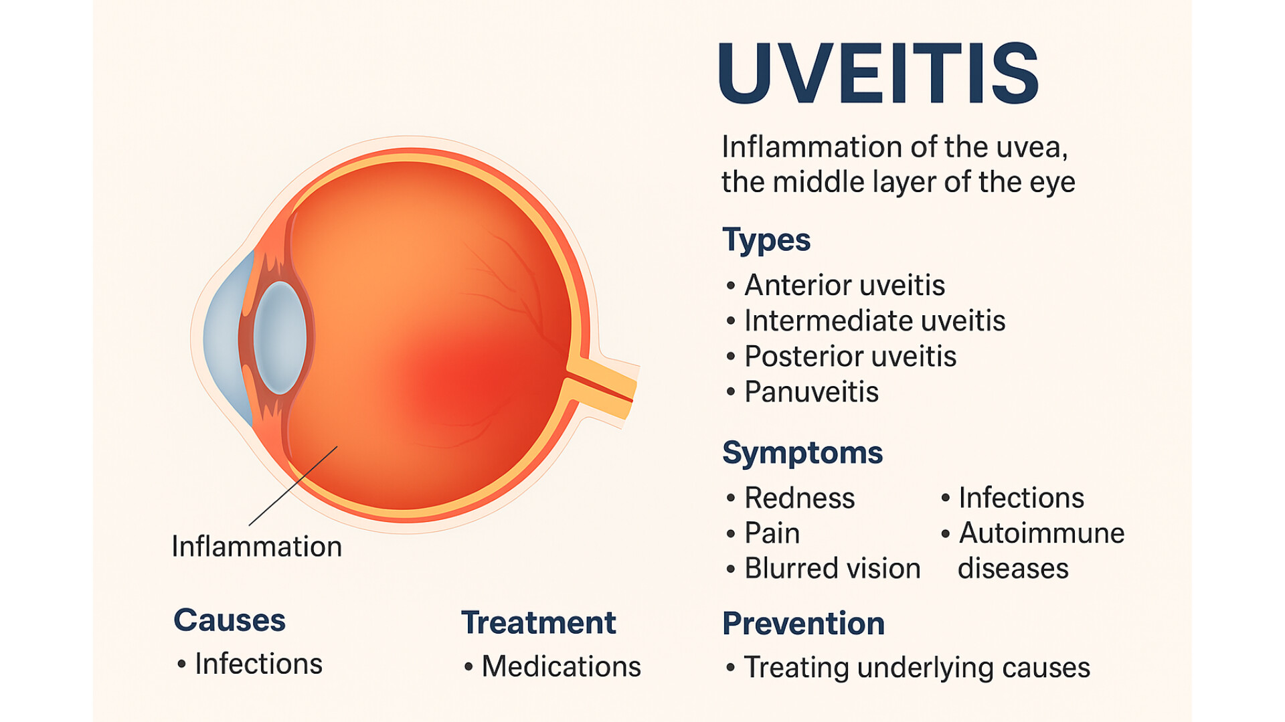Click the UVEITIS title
[878, 74]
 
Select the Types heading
[766, 240]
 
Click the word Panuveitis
[811, 391]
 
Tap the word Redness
[800, 498]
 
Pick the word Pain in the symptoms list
[772, 533]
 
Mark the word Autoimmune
[1041, 533]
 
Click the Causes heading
[230, 620]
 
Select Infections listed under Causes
[258, 664]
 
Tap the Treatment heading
[538, 623]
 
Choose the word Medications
[561, 666]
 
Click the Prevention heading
[803, 624]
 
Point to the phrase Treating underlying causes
[917, 668]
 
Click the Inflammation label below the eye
[257, 547]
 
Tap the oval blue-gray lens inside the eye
[280, 337]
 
